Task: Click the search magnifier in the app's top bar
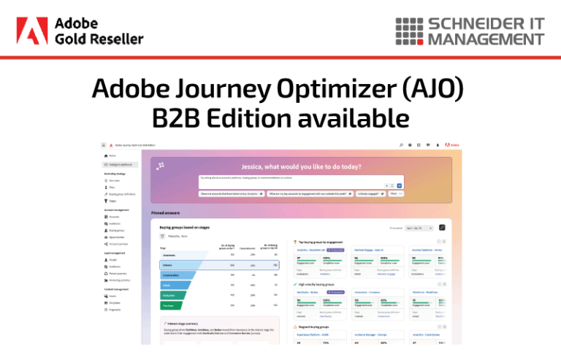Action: [400, 145]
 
